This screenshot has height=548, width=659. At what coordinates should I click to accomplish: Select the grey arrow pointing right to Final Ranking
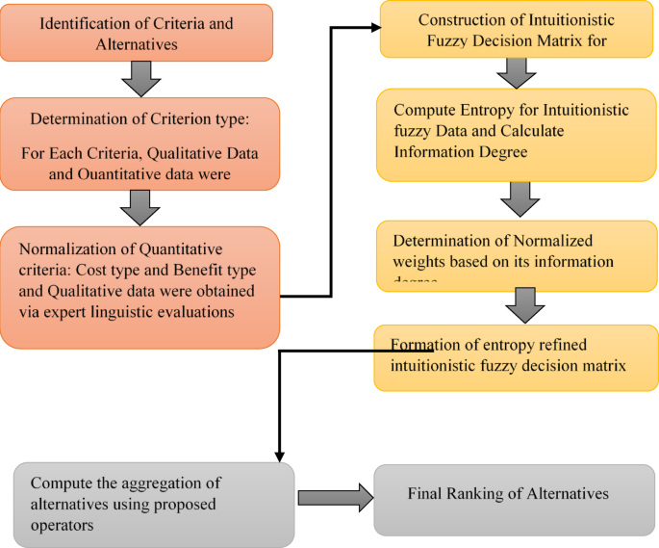click(x=334, y=498)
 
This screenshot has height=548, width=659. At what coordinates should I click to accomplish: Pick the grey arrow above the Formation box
click(x=524, y=305)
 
